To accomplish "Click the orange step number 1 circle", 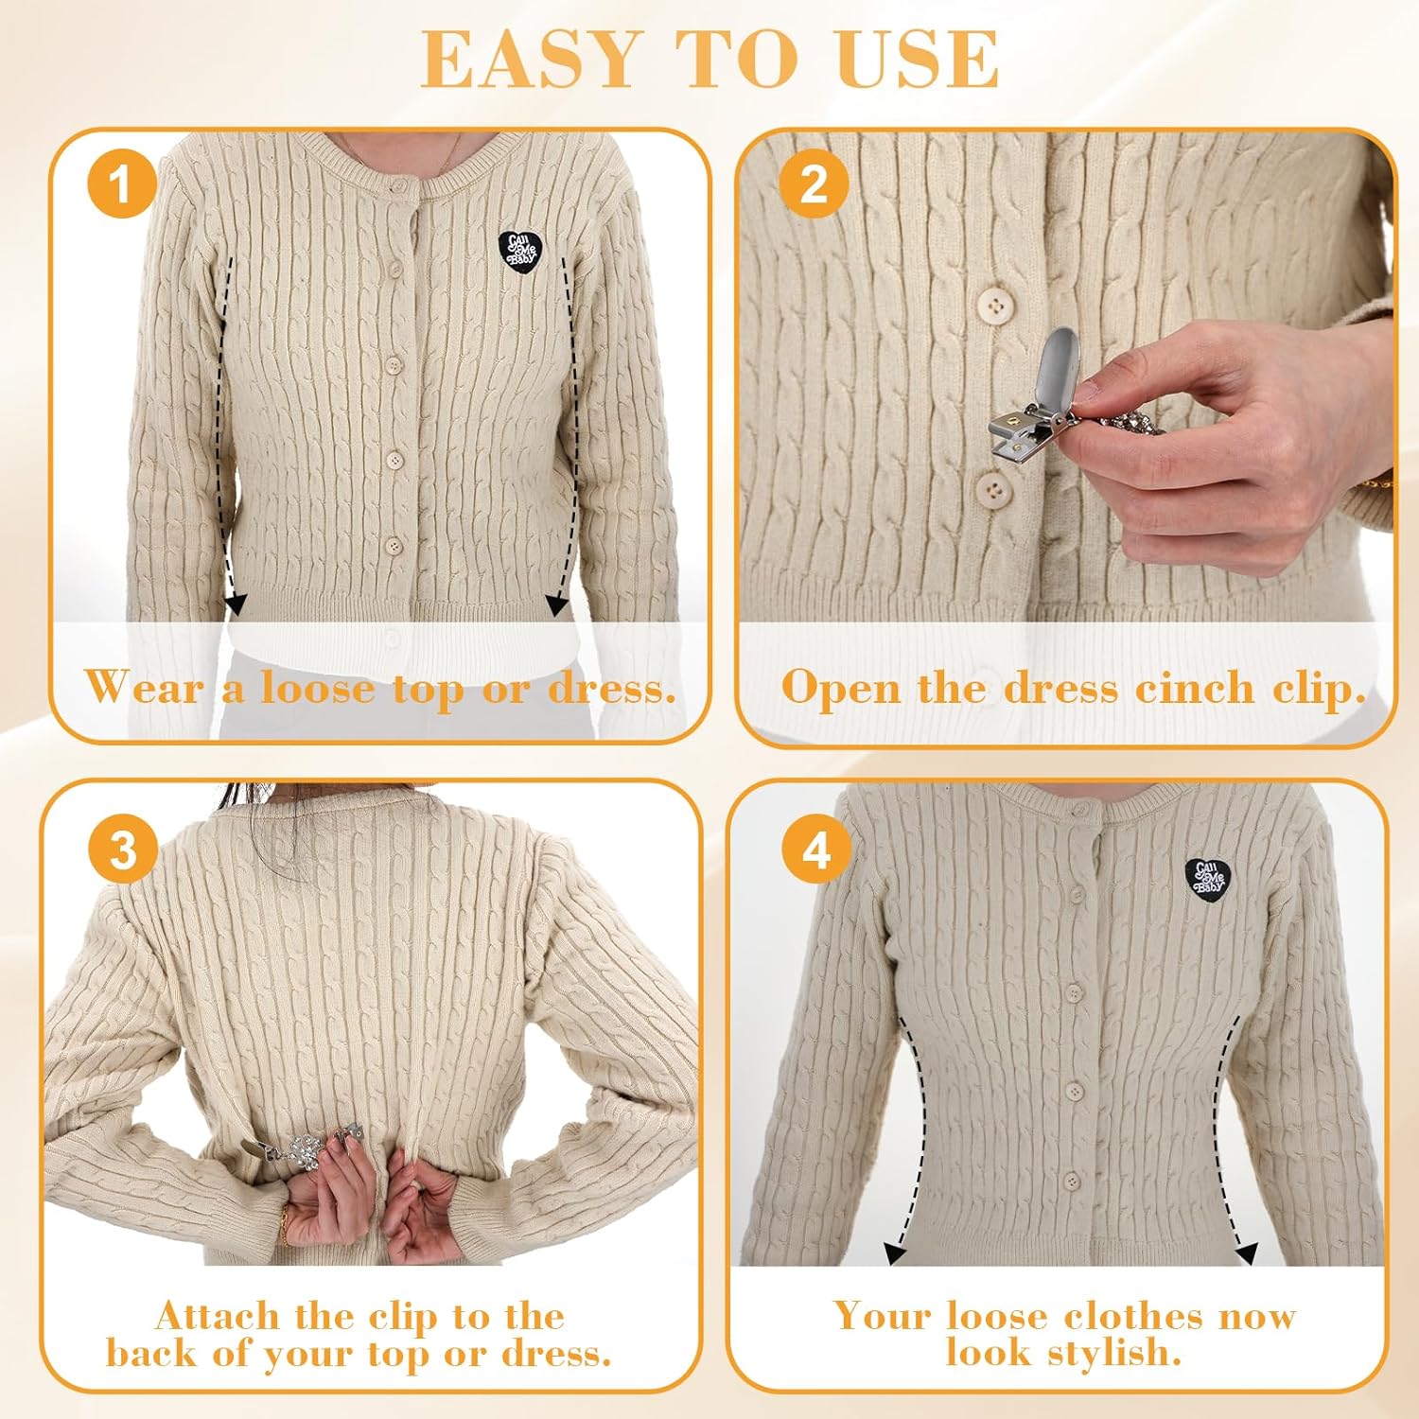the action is click(121, 184).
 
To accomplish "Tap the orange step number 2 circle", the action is click(815, 184).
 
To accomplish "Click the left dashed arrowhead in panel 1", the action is click(236, 603).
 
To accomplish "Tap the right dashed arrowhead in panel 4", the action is click(1247, 1254).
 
